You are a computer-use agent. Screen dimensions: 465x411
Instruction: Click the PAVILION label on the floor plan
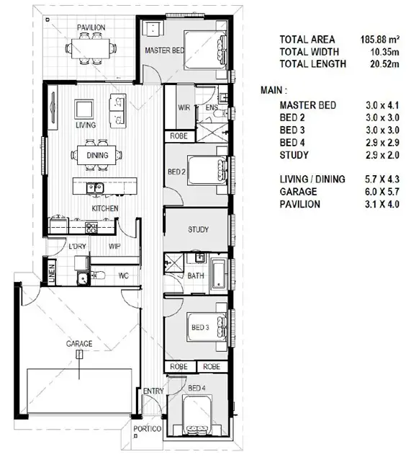pyautogui.click(x=91, y=28)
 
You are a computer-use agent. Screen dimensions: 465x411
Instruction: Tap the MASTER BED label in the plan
pyautogui.click(x=163, y=51)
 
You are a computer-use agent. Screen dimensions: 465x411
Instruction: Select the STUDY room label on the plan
pyautogui.click(x=198, y=230)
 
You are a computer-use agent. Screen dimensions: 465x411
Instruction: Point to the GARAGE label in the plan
pyautogui.click(x=79, y=345)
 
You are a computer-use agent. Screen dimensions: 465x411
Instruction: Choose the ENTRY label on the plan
pyautogui.click(x=153, y=391)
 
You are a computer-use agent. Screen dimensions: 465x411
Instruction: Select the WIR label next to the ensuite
pyautogui.click(x=183, y=108)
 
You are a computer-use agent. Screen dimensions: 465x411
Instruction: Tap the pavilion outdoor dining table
pyautogui.click(x=91, y=49)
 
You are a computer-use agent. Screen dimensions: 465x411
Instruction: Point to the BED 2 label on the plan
pyautogui.click(x=177, y=172)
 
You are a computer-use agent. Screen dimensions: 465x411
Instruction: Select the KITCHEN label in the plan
pyautogui.click(x=104, y=208)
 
